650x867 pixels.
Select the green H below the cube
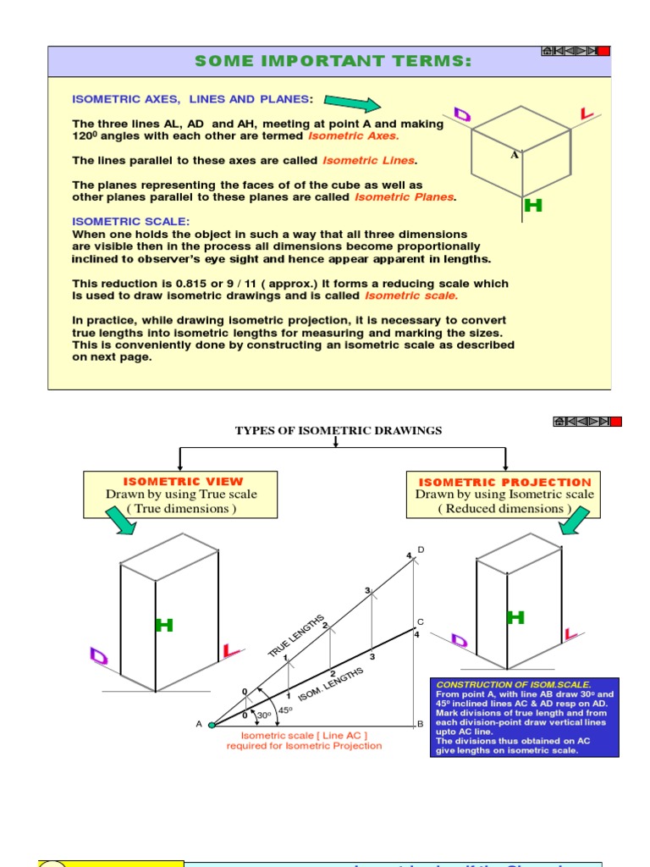(533, 206)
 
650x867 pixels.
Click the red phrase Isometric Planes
(405, 197)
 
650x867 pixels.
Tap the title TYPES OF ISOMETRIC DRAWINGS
(339, 431)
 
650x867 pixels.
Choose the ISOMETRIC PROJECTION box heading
(505, 482)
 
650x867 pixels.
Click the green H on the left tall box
(164, 626)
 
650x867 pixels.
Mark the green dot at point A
(212, 725)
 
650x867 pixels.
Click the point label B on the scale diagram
(420, 725)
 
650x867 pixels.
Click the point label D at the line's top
(421, 550)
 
